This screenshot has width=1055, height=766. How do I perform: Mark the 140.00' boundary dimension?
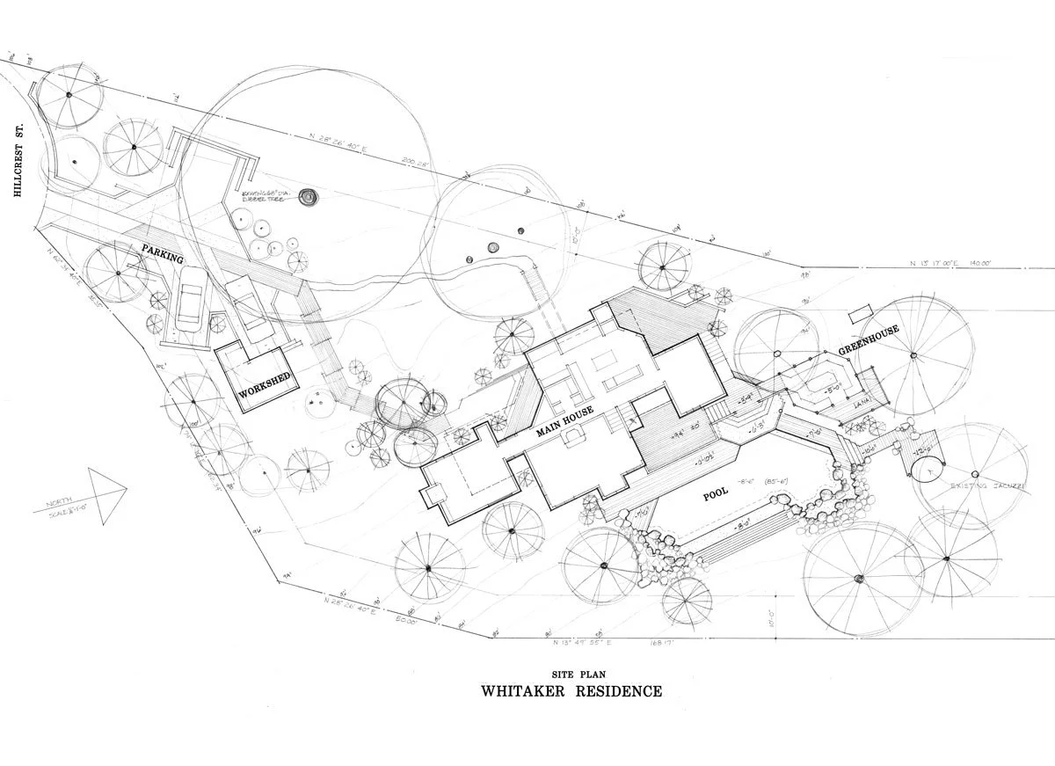pos(978,262)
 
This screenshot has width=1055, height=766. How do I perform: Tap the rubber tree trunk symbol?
pos(308,198)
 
